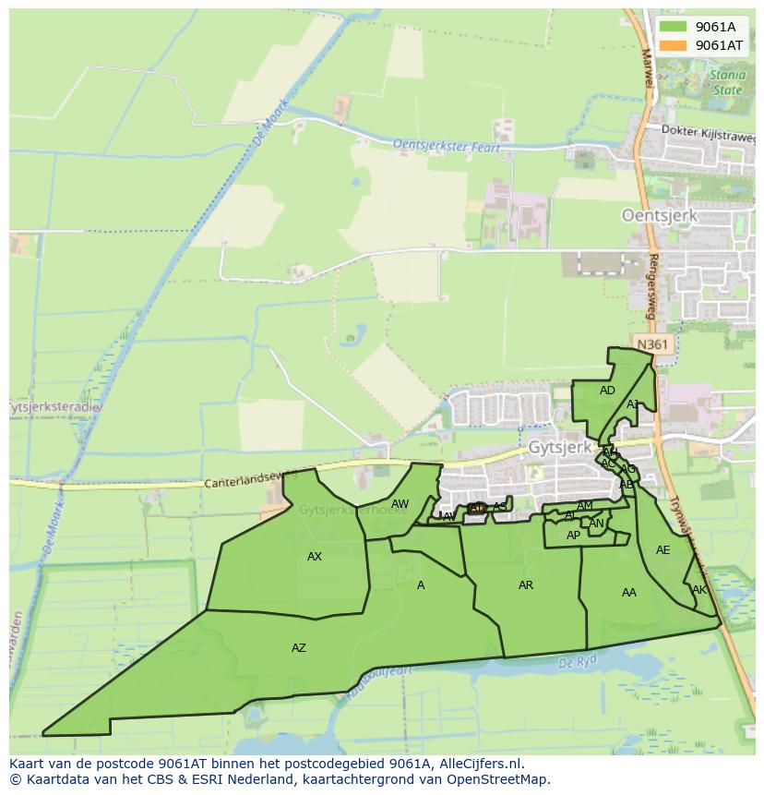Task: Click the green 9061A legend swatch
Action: click(673, 27)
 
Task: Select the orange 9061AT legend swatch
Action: click(673, 45)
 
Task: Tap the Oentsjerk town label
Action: click(660, 215)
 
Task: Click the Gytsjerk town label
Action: click(559, 447)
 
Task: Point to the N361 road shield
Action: click(651, 344)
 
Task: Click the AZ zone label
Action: click(298, 648)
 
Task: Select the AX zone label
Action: click(315, 557)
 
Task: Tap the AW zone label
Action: click(400, 504)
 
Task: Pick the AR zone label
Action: click(526, 585)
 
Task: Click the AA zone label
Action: click(629, 593)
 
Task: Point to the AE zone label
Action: click(663, 550)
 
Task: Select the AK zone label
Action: click(698, 590)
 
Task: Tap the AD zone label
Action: click(607, 391)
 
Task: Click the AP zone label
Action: click(573, 536)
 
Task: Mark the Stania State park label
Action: click(726, 83)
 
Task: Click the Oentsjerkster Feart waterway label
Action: click(446, 146)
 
